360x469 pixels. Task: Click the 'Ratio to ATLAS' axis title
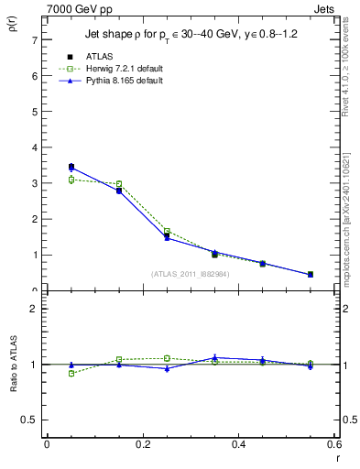[x=13, y=363]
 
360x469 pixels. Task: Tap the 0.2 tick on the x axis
[x=142, y=444]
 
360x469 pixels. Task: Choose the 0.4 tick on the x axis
[x=238, y=444]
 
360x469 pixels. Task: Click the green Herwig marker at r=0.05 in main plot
[x=71, y=180]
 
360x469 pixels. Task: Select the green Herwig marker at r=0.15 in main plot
[x=119, y=184]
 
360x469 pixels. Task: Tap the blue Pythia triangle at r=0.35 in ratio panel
[x=214, y=357]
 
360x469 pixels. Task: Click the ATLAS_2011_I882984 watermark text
[x=190, y=274]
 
